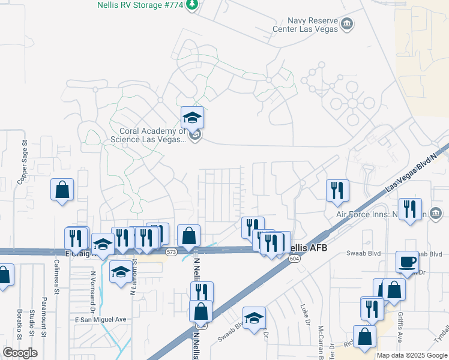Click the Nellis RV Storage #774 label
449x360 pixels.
click(140, 5)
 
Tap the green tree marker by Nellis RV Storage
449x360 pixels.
click(192, 5)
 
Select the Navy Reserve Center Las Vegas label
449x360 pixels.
click(303, 24)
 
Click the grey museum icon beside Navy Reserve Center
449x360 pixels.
click(346, 24)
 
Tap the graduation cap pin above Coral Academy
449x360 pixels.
click(193, 117)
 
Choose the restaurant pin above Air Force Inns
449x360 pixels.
click(338, 190)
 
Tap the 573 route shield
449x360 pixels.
click(172, 251)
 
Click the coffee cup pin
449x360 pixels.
click(408, 262)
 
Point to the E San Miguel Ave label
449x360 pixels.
click(101, 320)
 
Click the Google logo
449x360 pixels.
click(20, 353)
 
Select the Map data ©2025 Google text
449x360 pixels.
click(412, 355)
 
